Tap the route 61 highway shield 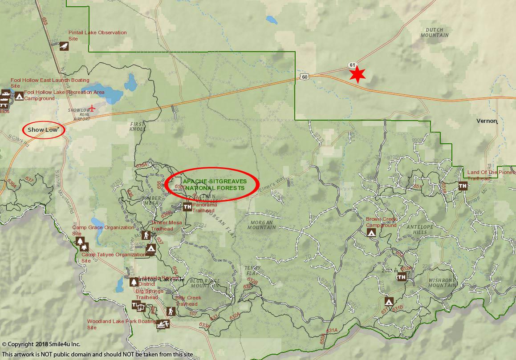[353, 65]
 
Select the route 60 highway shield [304, 77]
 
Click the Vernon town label [486, 121]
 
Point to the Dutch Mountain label [434, 32]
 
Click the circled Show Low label [43, 130]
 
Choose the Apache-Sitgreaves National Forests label [213, 185]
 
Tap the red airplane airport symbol [93, 107]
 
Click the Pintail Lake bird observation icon [64, 46]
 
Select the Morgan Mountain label [261, 225]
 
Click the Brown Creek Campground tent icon [371, 232]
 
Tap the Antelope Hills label [420, 229]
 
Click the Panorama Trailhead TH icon [187, 206]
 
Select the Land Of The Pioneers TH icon [463, 186]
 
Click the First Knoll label [138, 126]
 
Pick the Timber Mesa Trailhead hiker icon [146, 235]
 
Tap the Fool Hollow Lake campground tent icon [19, 96]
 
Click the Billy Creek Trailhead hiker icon [170, 311]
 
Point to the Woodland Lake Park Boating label [121, 324]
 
